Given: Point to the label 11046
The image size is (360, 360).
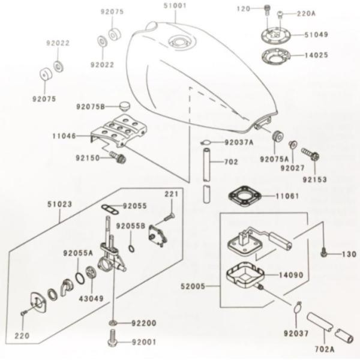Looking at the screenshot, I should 64,136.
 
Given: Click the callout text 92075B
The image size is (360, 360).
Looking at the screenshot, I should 91,107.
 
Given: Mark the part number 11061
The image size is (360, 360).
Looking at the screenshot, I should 287,196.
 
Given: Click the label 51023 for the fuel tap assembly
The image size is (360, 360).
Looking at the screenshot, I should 59,204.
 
